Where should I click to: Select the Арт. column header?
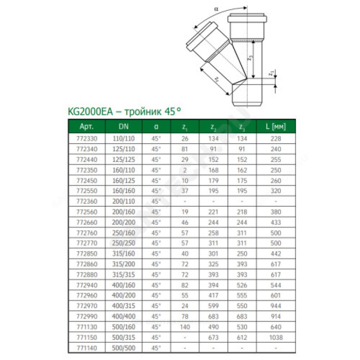[85, 126]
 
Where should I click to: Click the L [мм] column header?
[276, 126]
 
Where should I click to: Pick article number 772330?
[85, 139]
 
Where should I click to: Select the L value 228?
[276, 139]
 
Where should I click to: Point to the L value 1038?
[276, 337]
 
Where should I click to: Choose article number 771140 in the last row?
[85, 348]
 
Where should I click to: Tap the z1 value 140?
[184, 327]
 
